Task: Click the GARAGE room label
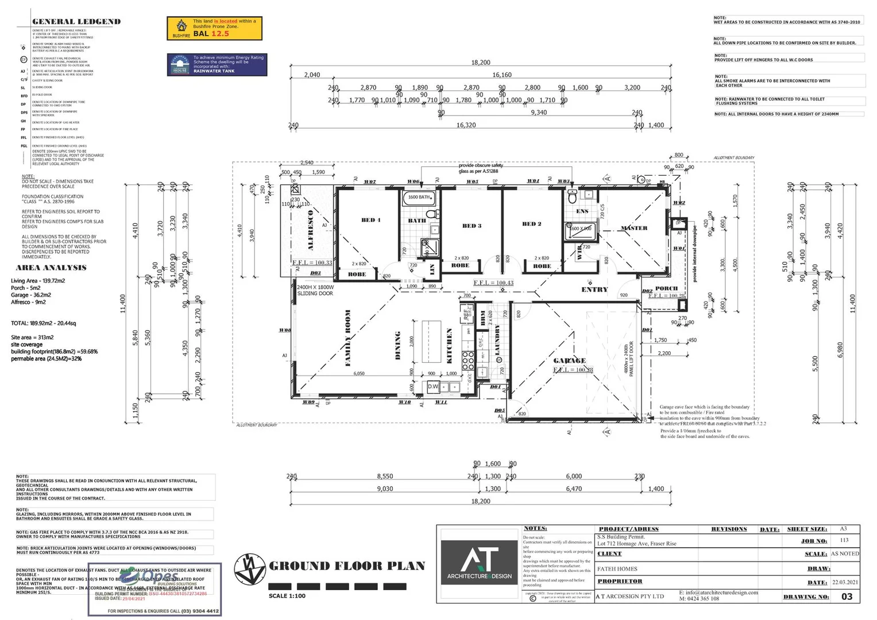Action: [569, 361]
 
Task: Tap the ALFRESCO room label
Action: [311, 230]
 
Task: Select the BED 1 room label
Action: [370, 220]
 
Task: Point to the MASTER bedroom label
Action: [633, 228]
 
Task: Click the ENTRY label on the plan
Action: [594, 289]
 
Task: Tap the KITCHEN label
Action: [449, 346]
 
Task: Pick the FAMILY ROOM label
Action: [347, 338]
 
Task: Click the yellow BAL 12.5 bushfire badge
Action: [214, 28]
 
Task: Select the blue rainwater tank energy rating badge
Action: [217, 65]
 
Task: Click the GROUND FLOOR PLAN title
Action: [347, 566]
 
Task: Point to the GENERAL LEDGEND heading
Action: [76, 22]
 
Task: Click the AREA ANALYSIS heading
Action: [51, 268]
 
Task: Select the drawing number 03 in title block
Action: [847, 596]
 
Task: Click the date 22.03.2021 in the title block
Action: [845, 582]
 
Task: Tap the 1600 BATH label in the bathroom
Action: [419, 197]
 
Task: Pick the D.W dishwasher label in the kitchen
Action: [433, 387]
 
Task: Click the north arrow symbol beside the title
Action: [250, 569]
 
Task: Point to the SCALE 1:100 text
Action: [287, 596]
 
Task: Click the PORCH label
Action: [666, 288]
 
